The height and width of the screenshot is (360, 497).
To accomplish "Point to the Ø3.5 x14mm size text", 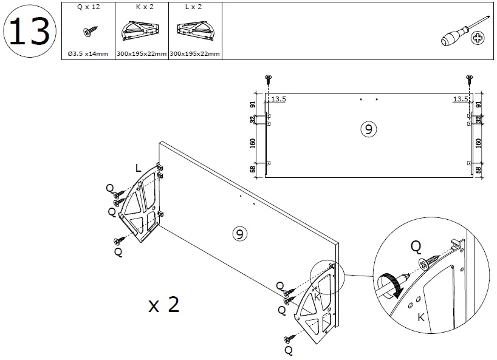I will (88, 54).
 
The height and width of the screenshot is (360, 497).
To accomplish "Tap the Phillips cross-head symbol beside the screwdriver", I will (479, 39).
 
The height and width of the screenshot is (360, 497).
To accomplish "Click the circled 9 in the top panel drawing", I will (368, 129).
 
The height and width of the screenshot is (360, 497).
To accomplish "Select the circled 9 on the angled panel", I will (240, 234).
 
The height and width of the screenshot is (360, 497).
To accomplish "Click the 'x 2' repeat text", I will (164, 305).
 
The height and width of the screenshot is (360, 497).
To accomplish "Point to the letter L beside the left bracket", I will (139, 167).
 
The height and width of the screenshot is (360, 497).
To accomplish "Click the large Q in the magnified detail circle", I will (416, 246).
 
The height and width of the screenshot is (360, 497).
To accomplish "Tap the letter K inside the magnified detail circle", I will (419, 317).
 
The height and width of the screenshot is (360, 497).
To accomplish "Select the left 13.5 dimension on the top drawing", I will (278, 99).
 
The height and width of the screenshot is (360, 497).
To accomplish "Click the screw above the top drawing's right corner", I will (468, 79).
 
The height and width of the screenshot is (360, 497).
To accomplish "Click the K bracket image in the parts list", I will (140, 32).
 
